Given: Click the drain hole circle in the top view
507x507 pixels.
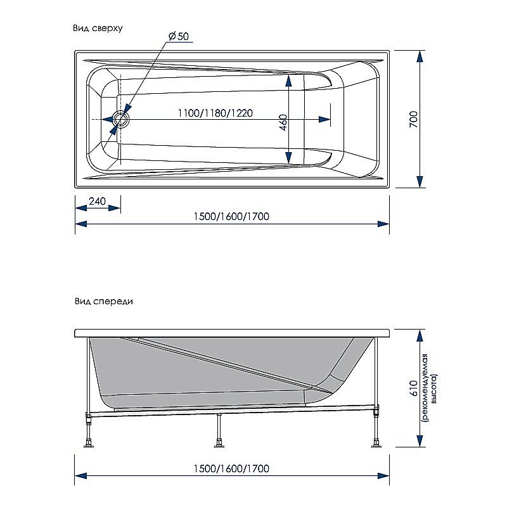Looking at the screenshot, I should click(120, 119).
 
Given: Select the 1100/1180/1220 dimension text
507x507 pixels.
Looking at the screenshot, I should click(215, 113).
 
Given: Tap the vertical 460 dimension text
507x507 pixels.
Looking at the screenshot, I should click(283, 122).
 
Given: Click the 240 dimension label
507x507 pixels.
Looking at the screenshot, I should click(97, 202).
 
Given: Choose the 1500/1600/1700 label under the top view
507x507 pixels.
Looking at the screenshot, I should click(231, 216).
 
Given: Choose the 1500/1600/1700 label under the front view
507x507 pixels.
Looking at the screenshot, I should click(231, 468).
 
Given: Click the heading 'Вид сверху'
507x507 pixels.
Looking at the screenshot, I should click(98, 29).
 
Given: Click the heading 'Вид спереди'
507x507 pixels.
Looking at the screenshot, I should click(103, 302).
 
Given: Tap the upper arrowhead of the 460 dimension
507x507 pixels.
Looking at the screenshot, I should click(289, 80).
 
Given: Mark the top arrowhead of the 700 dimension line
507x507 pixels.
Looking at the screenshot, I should click(420, 56).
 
